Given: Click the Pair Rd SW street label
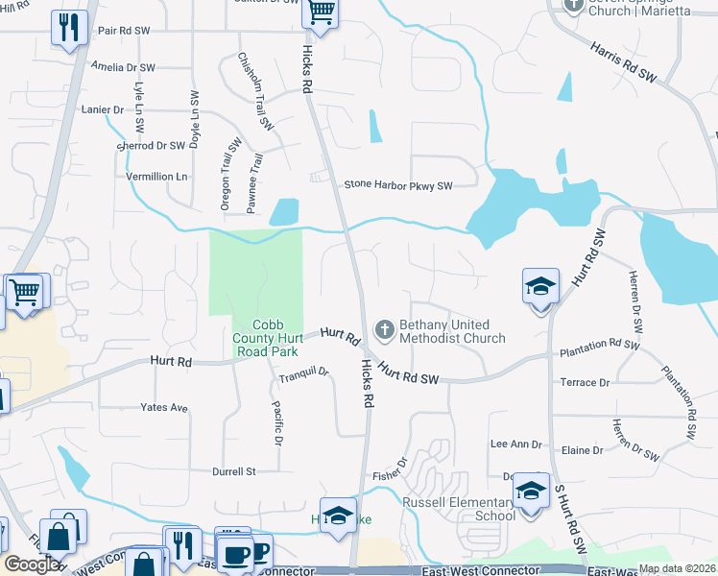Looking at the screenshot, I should pyautogui.click(x=124, y=31).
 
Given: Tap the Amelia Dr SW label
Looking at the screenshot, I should pyautogui.click(x=124, y=68).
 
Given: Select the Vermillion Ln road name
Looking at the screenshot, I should pyautogui.click(x=157, y=177).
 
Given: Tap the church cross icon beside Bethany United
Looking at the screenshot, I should pyautogui.click(x=384, y=331).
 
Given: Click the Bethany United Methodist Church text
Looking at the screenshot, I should pyautogui.click(x=451, y=332).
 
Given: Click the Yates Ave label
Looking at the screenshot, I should pyautogui.click(x=164, y=407).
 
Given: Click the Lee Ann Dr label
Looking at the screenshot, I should pyautogui.click(x=516, y=444).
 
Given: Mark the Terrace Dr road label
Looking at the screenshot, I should pyautogui.click(x=585, y=382).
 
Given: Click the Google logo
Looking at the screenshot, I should pyautogui.click(x=33, y=564).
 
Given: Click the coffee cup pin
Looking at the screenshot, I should pyautogui.click(x=235, y=555).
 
